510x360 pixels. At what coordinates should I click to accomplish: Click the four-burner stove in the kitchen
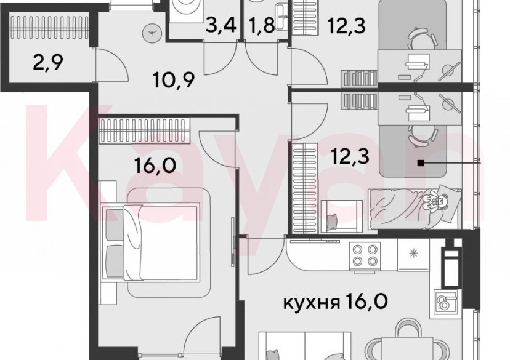(365, 255)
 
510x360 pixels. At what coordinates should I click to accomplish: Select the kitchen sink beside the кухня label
(444, 302)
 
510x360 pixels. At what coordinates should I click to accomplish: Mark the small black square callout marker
(421, 163)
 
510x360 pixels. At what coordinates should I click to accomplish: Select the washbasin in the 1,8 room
(281, 14)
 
